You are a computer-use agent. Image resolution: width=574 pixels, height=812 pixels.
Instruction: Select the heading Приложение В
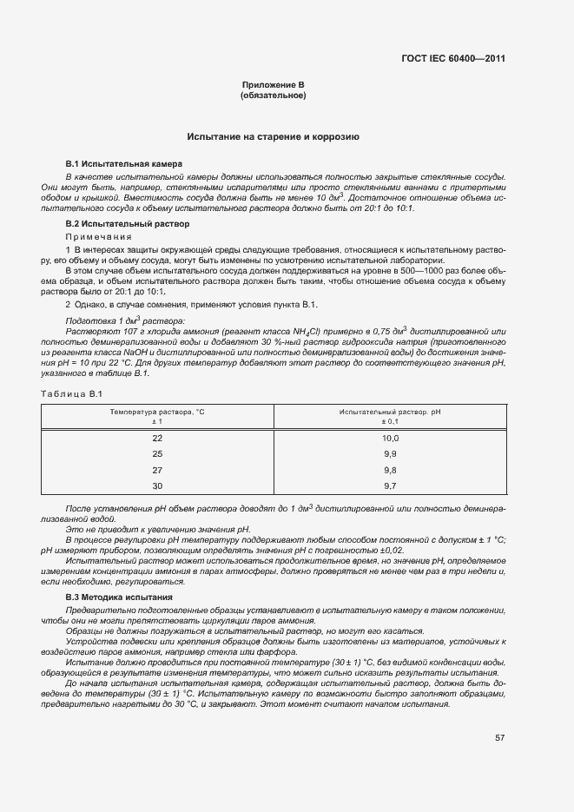(274, 85)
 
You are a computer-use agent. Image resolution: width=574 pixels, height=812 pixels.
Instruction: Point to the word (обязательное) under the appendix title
(274, 96)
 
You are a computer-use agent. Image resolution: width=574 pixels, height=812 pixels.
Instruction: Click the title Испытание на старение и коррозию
(274, 137)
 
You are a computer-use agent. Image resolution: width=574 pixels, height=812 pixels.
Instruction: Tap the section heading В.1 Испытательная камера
(112, 163)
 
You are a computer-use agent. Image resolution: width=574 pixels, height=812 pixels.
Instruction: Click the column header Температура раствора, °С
(157, 411)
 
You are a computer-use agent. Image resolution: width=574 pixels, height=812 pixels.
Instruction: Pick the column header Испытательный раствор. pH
(389, 411)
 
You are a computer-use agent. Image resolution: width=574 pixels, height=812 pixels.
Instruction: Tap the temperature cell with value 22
(157, 439)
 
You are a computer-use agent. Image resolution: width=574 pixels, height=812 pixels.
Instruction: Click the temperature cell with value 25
(157, 454)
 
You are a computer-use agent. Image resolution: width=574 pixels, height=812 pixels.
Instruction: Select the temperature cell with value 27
(157, 470)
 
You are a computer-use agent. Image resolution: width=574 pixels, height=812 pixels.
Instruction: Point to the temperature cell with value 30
(157, 485)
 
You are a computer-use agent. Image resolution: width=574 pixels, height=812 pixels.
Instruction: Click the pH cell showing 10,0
(390, 439)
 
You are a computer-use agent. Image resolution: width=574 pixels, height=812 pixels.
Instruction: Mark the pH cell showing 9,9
(390, 454)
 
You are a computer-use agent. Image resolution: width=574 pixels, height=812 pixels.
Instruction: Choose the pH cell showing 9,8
(390, 470)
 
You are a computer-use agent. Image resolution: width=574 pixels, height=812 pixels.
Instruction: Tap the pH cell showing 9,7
(390, 485)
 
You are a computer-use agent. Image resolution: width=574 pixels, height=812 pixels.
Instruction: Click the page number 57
(500, 738)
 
